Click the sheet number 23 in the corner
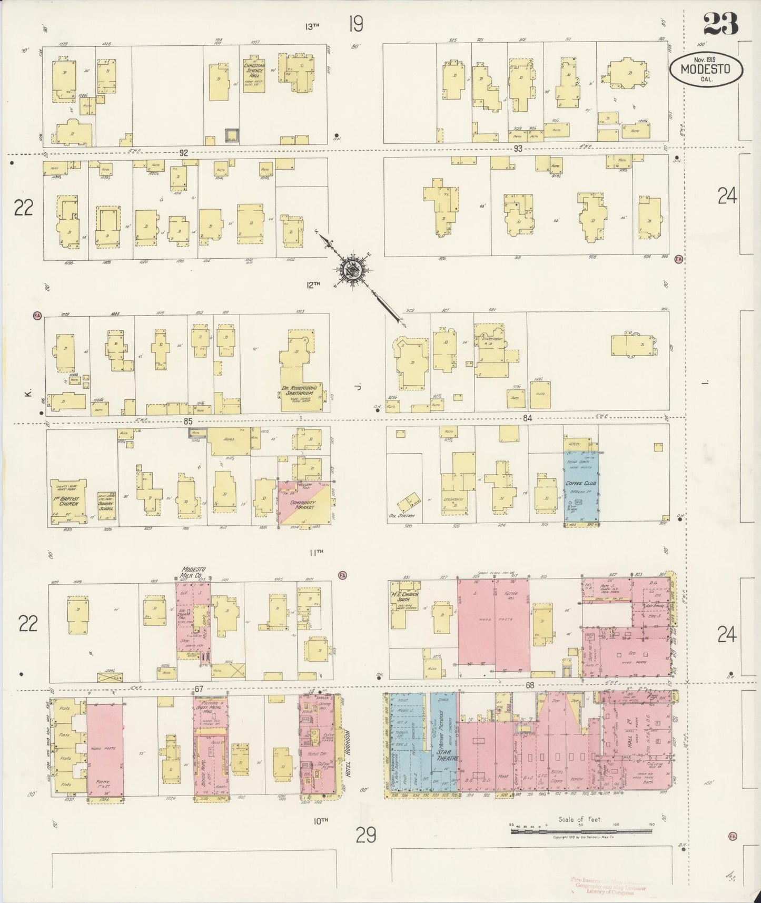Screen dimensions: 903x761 720,25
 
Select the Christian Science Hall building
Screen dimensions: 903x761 253,75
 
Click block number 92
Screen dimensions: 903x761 183,153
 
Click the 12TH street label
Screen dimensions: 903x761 313,285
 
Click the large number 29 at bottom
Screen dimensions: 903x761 365,835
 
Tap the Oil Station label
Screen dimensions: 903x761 402,516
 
